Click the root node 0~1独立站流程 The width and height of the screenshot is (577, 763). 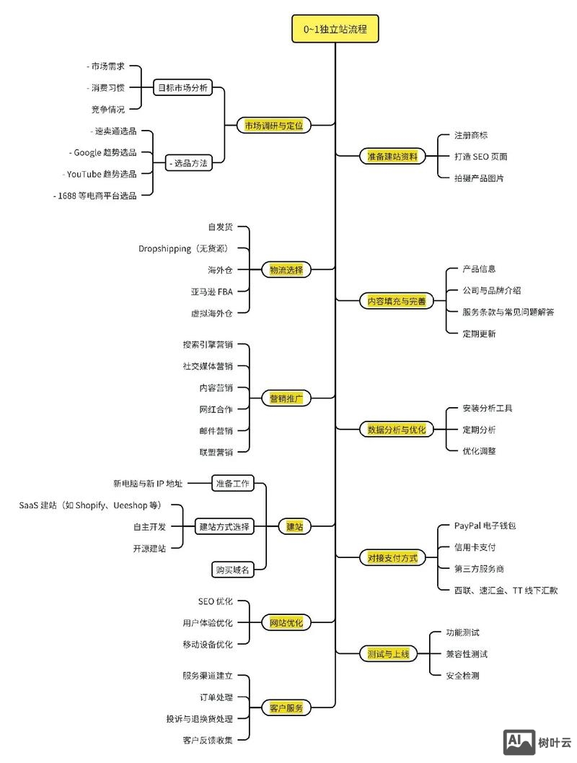(335, 30)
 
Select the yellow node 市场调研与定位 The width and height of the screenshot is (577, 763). (274, 125)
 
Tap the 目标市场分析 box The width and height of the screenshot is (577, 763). (183, 87)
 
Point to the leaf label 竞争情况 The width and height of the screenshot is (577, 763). (107, 109)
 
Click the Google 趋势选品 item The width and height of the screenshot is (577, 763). (105, 152)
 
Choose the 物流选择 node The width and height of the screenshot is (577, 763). (286, 269)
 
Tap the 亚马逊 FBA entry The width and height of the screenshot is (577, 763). (211, 292)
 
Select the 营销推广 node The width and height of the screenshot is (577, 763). (286, 398)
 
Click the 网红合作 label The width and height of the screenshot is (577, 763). (216, 409)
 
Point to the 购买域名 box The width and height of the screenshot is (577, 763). (232, 570)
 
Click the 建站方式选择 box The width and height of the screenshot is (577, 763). (224, 526)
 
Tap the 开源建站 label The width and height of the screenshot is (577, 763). (149, 548)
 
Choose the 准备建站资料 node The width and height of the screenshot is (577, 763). (392, 156)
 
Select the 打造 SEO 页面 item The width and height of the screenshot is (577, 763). (480, 156)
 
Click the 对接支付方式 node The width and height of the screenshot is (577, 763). (392, 557)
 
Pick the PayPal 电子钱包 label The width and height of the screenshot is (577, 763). (485, 526)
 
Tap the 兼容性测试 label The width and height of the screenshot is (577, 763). (467, 654)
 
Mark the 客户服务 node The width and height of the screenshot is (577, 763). (286, 707)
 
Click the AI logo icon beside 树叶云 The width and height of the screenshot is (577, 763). (519, 741)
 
